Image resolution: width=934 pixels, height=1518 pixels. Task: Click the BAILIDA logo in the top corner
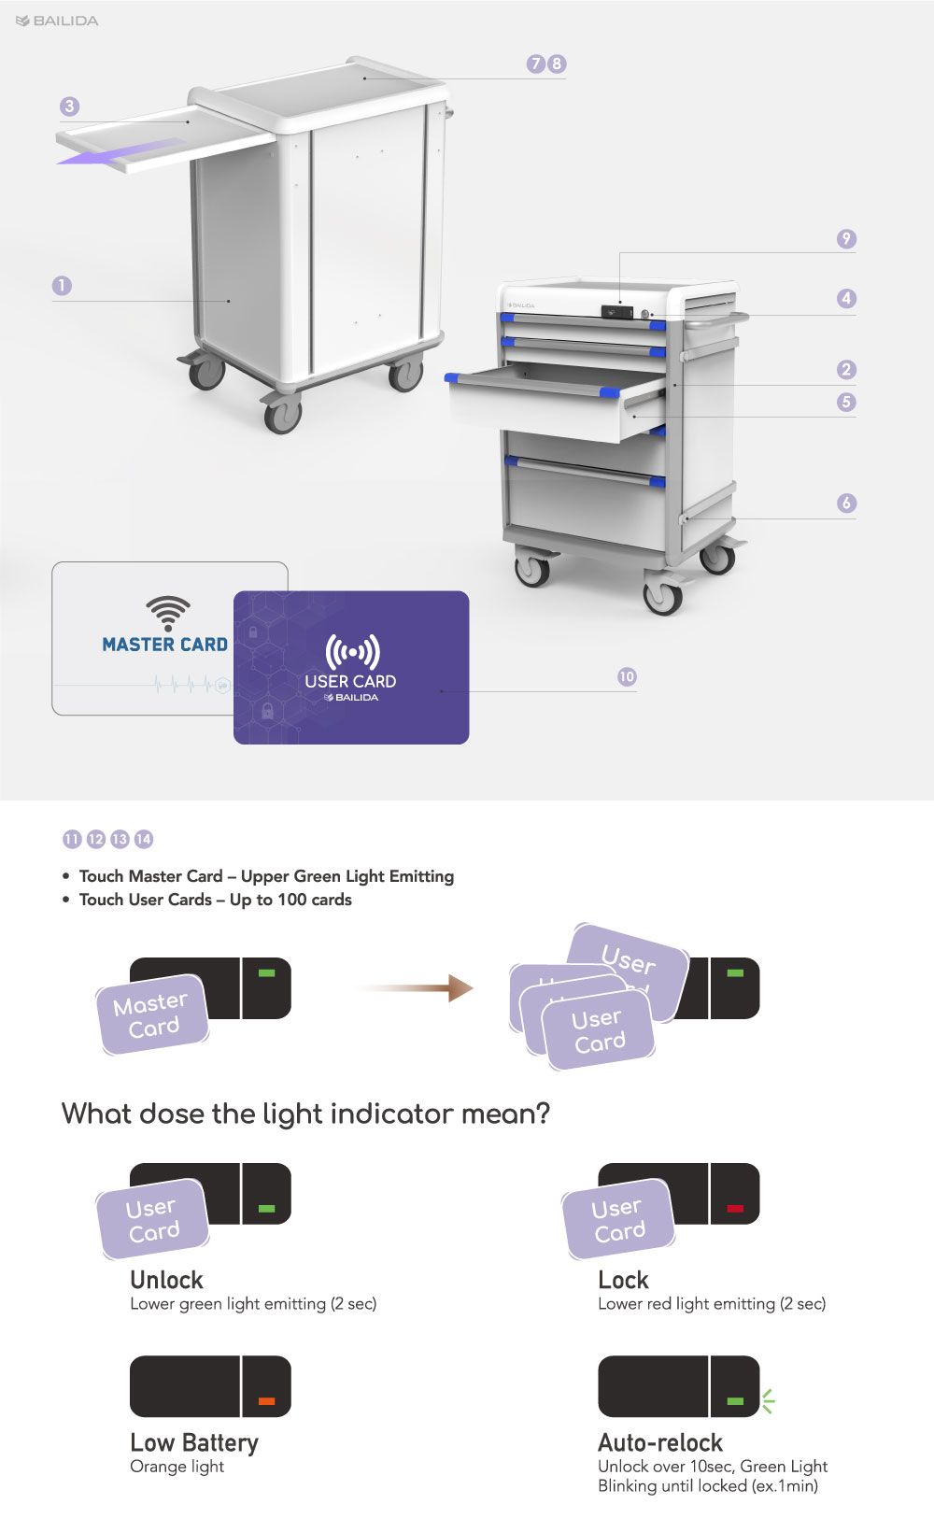click(57, 21)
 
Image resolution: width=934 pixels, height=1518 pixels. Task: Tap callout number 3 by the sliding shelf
click(69, 106)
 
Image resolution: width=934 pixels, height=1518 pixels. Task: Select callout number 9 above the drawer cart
click(846, 238)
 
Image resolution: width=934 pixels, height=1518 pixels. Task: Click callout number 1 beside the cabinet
click(62, 285)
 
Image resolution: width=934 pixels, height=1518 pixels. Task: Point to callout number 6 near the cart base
click(846, 503)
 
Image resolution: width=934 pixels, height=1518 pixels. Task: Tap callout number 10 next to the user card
click(627, 676)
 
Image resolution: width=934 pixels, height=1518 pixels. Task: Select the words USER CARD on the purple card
click(350, 681)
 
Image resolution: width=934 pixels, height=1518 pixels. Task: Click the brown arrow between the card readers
click(414, 988)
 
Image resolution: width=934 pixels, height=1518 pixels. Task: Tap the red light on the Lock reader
click(735, 1208)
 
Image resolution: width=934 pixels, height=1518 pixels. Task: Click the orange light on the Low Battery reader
click(266, 1400)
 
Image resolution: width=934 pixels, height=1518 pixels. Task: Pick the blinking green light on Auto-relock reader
click(735, 1400)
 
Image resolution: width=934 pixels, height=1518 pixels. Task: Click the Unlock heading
click(167, 1280)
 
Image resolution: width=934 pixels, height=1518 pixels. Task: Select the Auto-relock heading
click(660, 1442)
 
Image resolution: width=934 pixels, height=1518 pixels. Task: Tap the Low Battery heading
click(194, 1443)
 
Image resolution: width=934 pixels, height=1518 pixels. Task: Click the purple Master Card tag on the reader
click(152, 1014)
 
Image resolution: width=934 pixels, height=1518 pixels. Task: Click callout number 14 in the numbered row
click(144, 839)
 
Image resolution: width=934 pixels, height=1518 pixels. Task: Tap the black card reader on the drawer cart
click(616, 312)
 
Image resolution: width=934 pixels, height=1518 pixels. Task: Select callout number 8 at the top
click(557, 64)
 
